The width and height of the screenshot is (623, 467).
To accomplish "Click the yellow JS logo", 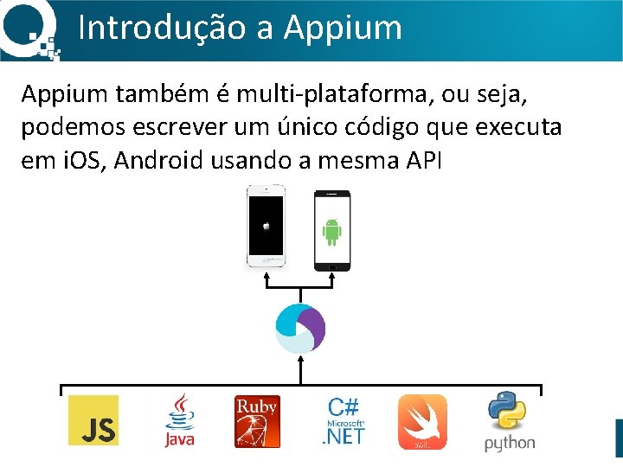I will pyautogui.click(x=93, y=420).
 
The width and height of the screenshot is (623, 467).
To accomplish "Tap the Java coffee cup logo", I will pyautogui.click(x=180, y=420).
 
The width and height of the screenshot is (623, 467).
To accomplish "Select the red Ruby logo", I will pyautogui.click(x=257, y=421).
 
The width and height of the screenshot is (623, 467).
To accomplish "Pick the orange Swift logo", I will pyautogui.click(x=422, y=421).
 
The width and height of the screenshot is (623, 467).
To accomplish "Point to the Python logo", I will pyautogui.click(x=510, y=421).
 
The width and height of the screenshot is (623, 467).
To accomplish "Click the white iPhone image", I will pyautogui.click(x=266, y=227).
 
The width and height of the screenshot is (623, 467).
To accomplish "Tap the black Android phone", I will pyautogui.click(x=331, y=230).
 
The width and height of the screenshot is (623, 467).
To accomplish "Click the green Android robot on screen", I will pyautogui.click(x=331, y=231).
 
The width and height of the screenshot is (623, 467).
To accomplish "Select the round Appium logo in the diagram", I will pyautogui.click(x=299, y=329).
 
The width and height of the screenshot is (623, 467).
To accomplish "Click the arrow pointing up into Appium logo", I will pyautogui.click(x=299, y=367).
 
